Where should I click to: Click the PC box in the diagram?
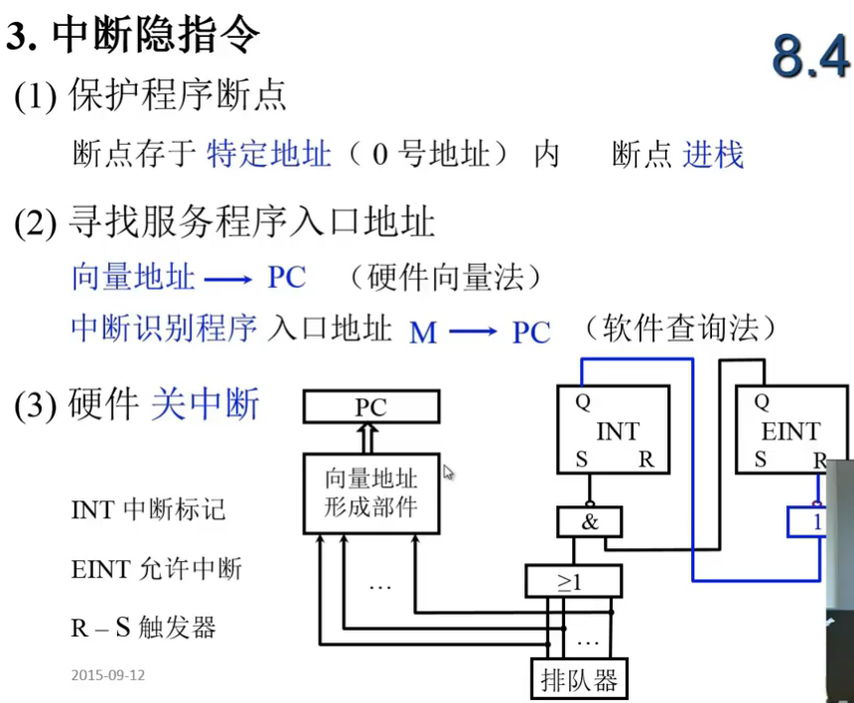click(x=371, y=406)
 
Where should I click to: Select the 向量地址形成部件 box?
click(x=371, y=492)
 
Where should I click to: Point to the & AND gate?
click(x=590, y=520)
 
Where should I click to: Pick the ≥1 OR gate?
click(x=572, y=581)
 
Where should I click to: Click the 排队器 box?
click(x=579, y=680)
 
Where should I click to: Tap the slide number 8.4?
click(x=810, y=59)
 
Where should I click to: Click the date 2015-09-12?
click(x=108, y=675)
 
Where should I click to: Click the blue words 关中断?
click(x=205, y=404)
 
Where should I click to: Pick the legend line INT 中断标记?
click(x=148, y=509)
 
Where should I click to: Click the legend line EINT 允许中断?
click(x=156, y=569)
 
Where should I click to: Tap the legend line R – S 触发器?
click(x=143, y=628)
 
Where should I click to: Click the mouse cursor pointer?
click(x=448, y=473)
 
